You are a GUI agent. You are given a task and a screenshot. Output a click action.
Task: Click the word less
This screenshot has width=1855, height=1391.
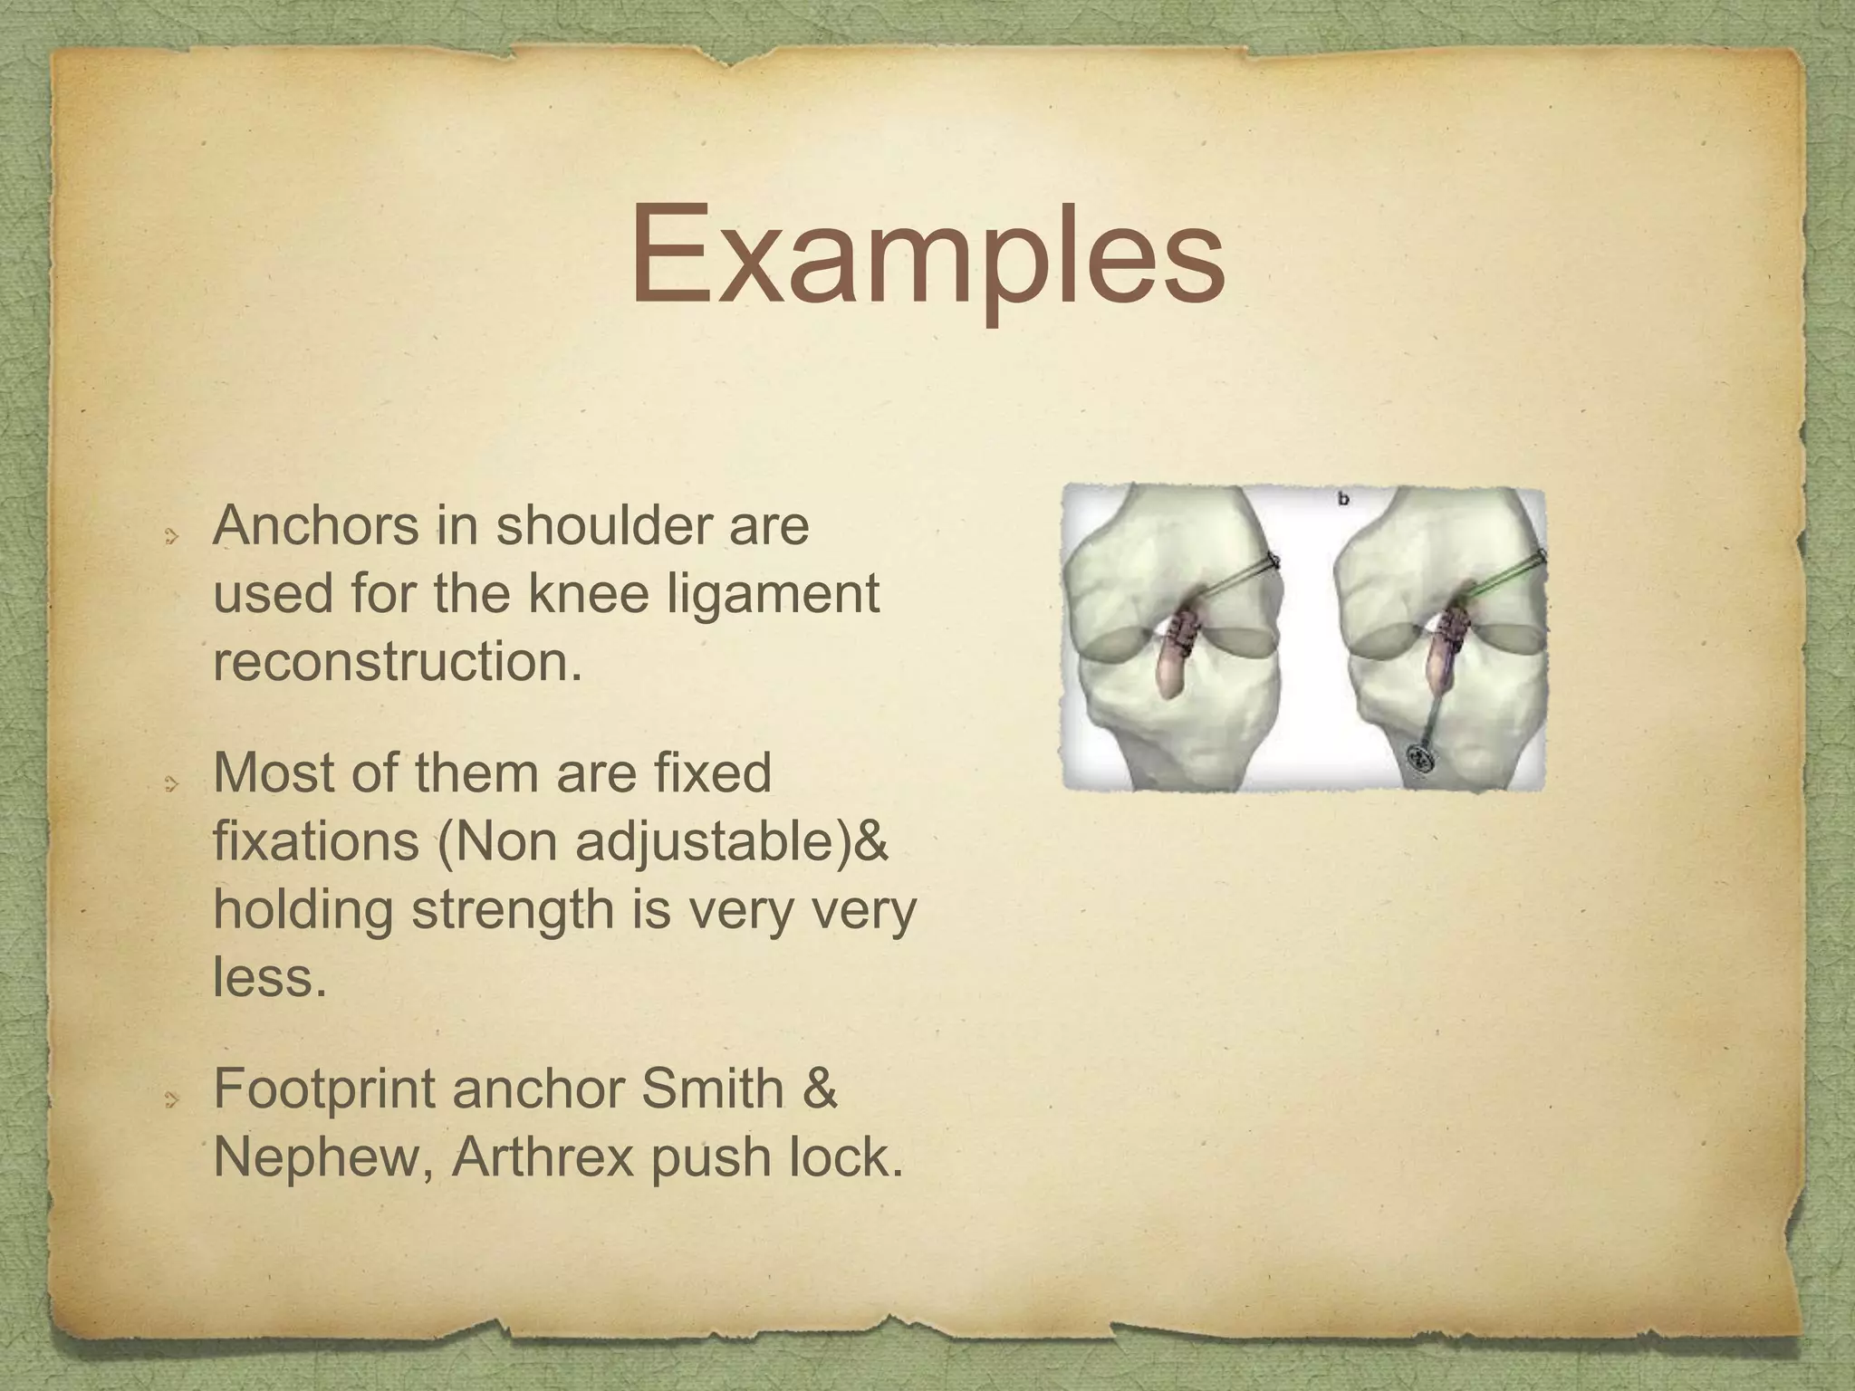coord(268,977)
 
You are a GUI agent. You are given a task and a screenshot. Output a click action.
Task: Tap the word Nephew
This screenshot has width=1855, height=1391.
coord(318,1157)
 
